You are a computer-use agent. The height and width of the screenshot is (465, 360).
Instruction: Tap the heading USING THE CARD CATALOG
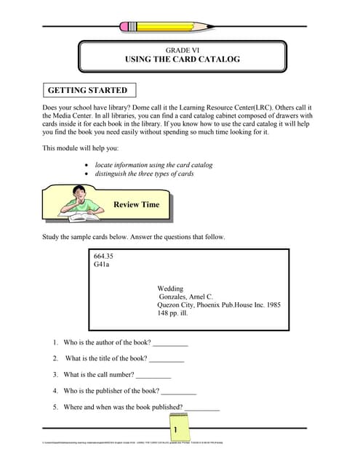coord(177,59)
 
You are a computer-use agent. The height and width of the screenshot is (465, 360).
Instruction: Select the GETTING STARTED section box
coord(87,91)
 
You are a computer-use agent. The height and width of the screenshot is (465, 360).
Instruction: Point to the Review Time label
coord(136,205)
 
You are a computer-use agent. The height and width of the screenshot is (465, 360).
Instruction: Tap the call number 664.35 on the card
coord(104,256)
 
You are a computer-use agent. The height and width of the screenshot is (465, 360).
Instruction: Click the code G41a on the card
coord(103,266)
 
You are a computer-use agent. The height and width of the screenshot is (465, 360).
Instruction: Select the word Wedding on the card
coord(170,288)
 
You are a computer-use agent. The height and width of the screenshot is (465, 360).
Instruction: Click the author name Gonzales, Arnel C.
coord(186,297)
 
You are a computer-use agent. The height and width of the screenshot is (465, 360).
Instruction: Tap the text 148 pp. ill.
coord(177,314)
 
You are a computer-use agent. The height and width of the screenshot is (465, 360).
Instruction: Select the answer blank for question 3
coord(153,375)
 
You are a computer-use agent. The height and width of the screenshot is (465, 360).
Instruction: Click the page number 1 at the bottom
coord(175,431)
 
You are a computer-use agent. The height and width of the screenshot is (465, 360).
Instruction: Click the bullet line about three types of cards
coord(146,174)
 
